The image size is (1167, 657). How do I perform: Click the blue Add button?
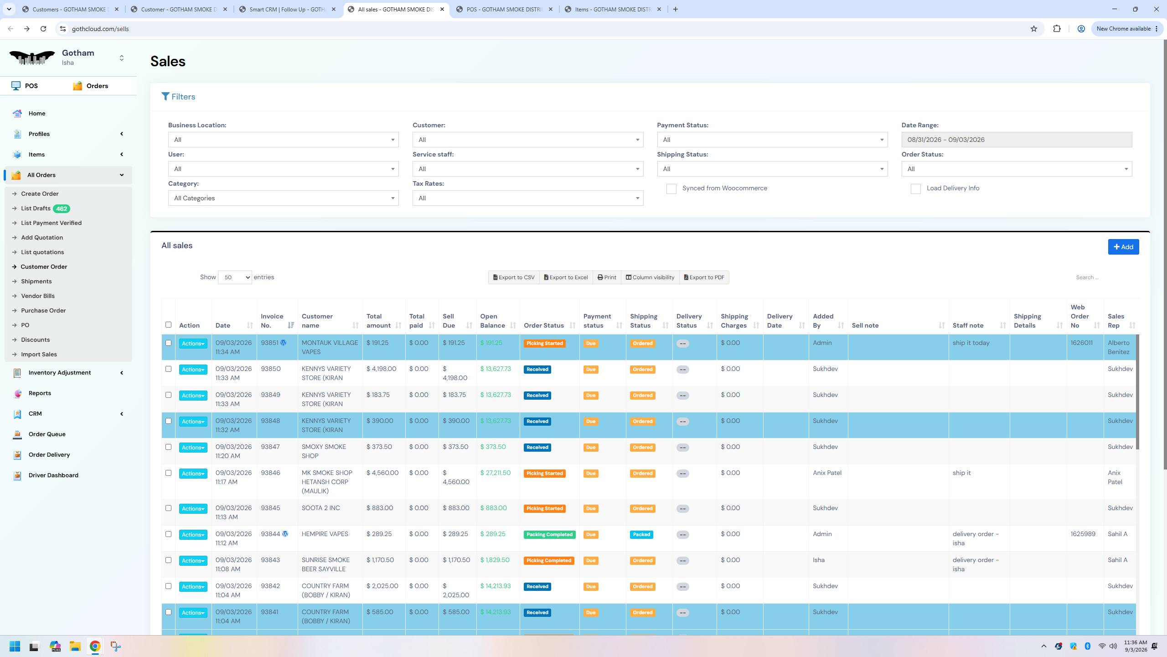point(1123,247)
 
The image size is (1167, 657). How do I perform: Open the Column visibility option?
point(650,277)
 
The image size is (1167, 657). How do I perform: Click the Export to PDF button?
point(704,277)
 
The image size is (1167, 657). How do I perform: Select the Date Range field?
point(1017,140)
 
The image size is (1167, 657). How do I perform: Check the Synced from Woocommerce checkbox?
point(671,189)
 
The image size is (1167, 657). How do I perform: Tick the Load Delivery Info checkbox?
point(915,189)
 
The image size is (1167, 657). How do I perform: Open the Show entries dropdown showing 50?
point(235,277)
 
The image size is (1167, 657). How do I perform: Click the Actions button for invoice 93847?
point(193,448)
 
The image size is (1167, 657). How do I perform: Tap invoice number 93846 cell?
point(270,473)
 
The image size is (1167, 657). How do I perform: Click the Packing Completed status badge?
point(549,534)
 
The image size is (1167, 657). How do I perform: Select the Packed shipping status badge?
point(641,534)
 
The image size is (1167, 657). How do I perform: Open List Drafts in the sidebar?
point(36,209)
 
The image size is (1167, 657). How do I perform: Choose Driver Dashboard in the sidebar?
point(53,475)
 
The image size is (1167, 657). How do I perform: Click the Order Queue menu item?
point(47,434)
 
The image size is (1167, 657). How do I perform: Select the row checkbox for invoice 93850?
point(168,369)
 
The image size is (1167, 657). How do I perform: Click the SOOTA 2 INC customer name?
point(321,508)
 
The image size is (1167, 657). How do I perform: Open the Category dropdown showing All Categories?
point(283,198)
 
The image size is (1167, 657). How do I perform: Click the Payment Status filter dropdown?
point(772,140)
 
